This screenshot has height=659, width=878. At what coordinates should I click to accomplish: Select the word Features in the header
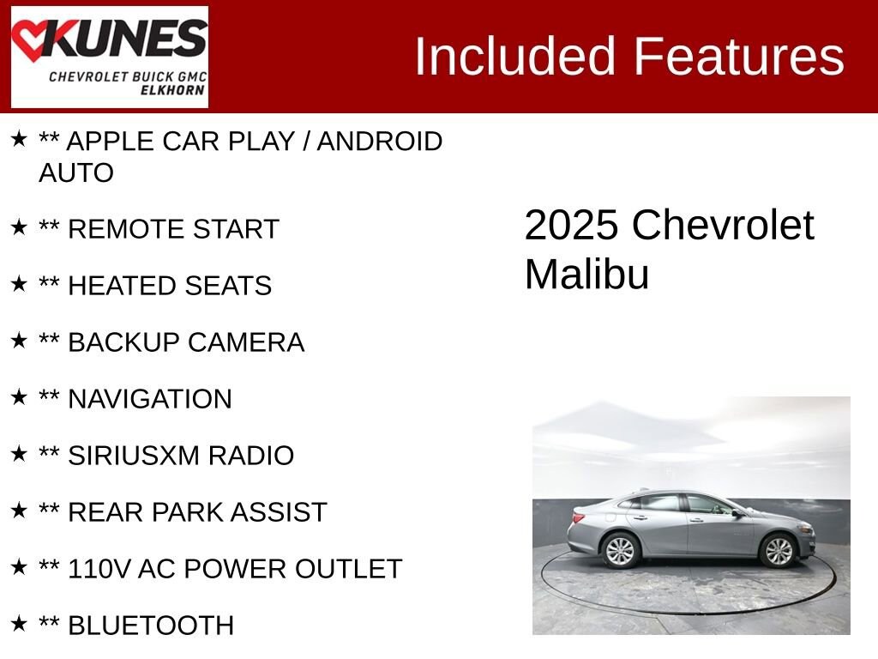[x=739, y=57]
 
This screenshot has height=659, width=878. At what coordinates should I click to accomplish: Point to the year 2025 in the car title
[x=571, y=226]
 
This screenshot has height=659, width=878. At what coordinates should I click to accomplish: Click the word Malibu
[x=586, y=275]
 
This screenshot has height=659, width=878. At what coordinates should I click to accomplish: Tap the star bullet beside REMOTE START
[x=19, y=227]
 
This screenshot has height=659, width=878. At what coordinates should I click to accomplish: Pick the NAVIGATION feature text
[x=149, y=399]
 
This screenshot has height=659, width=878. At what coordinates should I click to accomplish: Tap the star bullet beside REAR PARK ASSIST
[x=19, y=511]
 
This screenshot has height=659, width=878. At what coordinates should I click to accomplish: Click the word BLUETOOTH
[x=150, y=626]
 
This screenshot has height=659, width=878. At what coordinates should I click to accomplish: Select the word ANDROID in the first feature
[x=380, y=141]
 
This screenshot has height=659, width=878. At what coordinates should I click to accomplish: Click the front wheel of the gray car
[x=778, y=551]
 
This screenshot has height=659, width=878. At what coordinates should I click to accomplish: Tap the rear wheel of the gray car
[x=619, y=551]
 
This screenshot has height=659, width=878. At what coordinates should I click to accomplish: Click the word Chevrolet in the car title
[x=723, y=226]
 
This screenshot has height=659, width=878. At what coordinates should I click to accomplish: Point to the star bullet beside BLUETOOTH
[x=19, y=624]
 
